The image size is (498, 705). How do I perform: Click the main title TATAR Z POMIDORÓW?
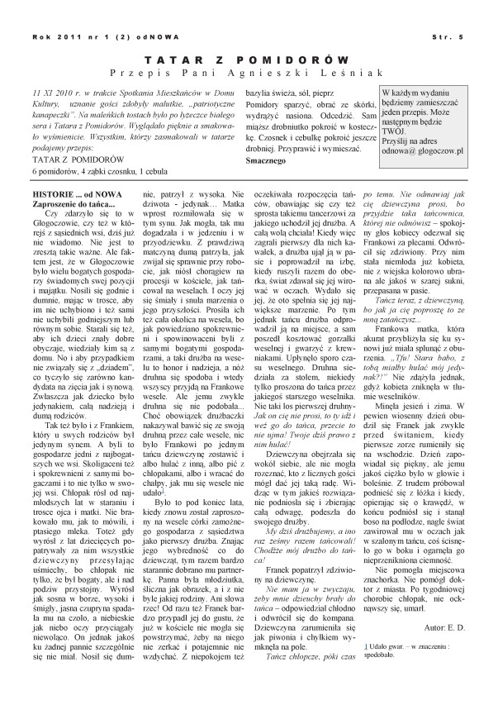click(x=249, y=61)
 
